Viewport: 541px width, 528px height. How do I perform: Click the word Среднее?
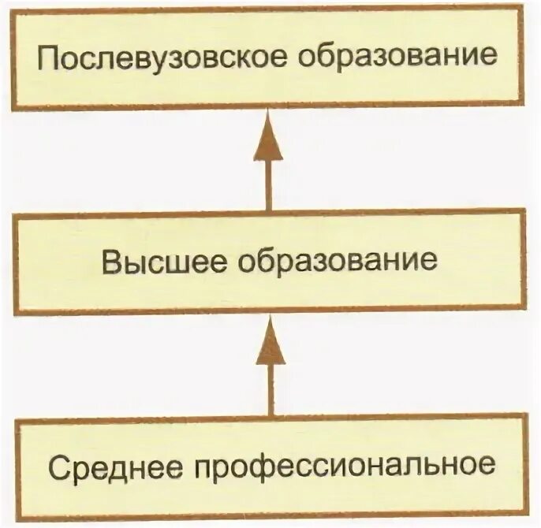click(114, 465)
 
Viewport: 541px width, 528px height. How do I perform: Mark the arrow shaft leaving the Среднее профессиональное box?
click(270, 390)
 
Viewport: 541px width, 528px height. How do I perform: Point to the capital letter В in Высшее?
click(110, 261)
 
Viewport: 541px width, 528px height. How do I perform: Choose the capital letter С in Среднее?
click(57, 465)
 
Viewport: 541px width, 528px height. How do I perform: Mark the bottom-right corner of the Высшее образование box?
click(524, 311)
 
